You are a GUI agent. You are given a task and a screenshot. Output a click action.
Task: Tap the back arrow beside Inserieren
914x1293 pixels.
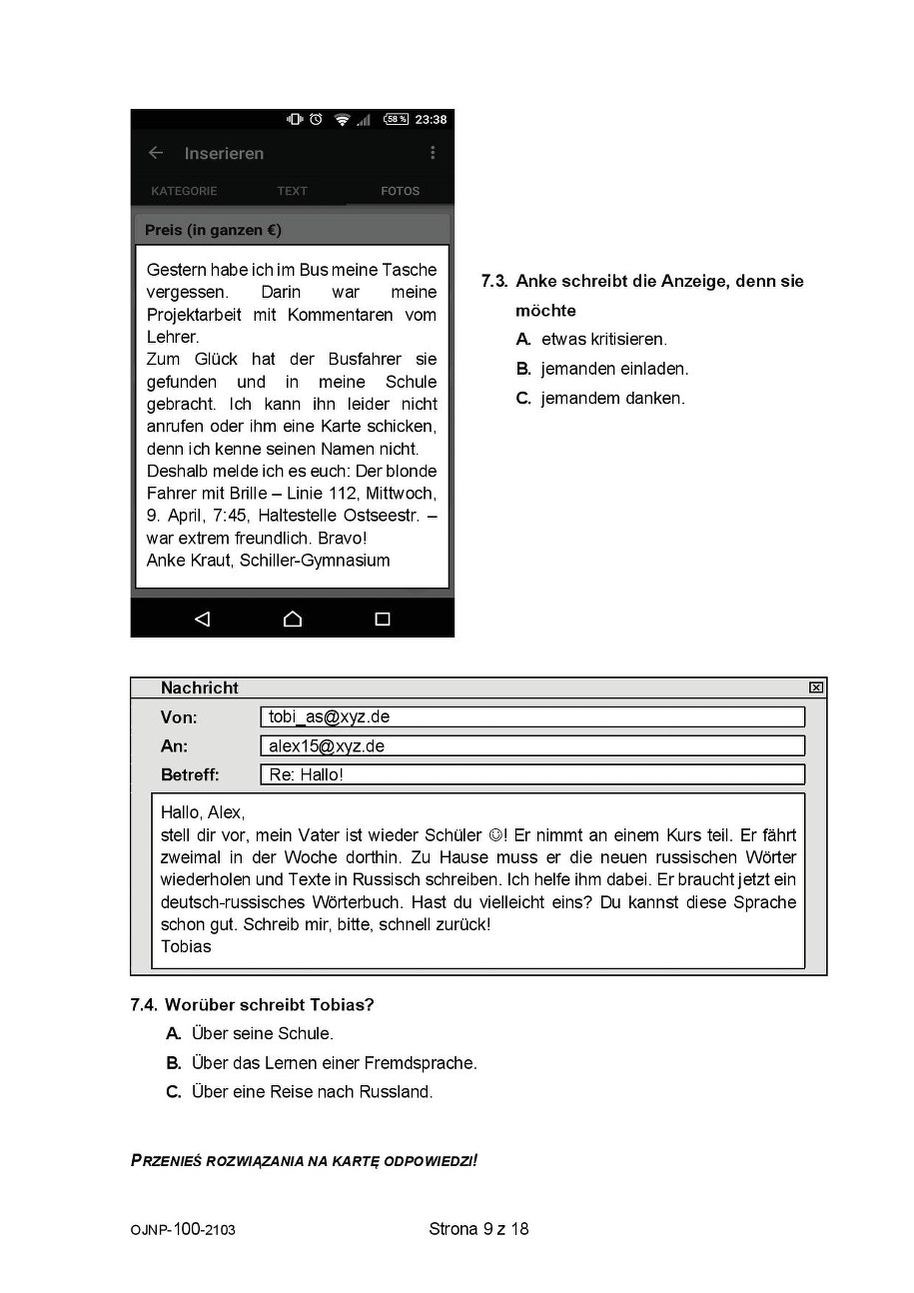pos(155,153)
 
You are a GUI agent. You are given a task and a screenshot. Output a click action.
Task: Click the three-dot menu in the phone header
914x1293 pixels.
pos(433,153)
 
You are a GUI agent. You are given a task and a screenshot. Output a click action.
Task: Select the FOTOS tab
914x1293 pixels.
pos(400,191)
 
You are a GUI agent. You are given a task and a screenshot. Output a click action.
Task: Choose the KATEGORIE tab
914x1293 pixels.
pos(184,191)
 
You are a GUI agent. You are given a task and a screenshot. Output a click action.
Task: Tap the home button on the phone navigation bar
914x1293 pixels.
pos(293,619)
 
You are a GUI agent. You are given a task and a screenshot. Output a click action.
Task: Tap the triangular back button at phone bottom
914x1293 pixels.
pos(202,619)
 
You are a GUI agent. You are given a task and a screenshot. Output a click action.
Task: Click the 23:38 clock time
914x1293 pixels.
pos(431,120)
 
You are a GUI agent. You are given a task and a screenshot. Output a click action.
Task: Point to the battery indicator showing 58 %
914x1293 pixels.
pos(396,120)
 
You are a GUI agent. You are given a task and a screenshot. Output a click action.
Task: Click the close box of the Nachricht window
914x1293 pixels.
pos(816,687)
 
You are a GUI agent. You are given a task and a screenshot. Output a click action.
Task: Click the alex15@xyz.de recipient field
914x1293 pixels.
pos(531,746)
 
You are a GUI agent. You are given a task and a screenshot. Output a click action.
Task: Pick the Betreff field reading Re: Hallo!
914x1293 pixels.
pos(531,775)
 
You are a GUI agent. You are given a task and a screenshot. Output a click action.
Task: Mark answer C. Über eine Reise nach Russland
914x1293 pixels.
pos(300,1092)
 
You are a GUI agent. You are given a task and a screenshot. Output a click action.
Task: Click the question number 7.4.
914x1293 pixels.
pos(145,1005)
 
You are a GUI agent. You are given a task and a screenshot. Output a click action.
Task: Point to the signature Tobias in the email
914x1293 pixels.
pos(186,947)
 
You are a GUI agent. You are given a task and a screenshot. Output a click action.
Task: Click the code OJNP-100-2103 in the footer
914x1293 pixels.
pos(183,1230)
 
